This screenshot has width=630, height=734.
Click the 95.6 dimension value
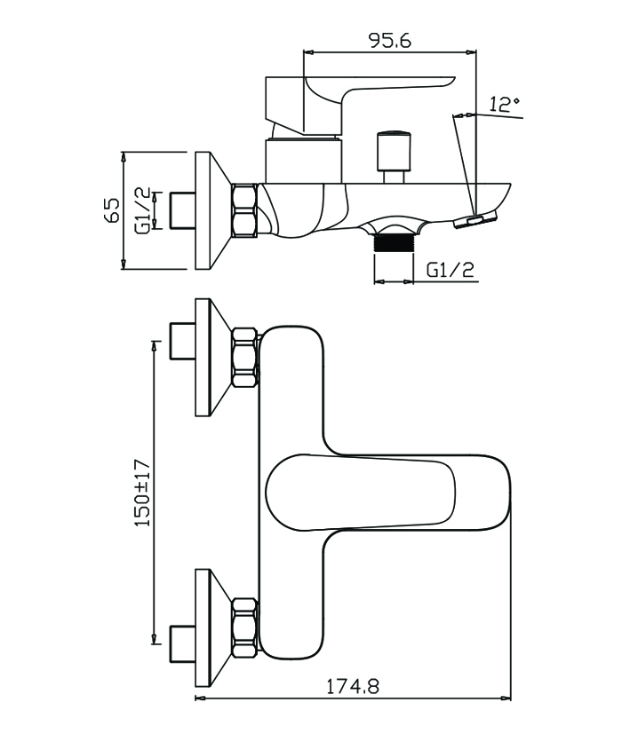click(390, 40)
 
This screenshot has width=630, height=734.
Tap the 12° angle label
click(505, 104)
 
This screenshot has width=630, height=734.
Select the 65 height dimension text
click(113, 209)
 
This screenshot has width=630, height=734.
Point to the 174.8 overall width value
click(353, 687)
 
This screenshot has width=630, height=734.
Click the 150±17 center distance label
click(143, 493)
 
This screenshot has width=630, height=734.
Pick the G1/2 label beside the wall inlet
click(142, 210)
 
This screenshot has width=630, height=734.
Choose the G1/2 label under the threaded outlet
click(451, 270)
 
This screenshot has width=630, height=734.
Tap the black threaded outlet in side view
click(394, 243)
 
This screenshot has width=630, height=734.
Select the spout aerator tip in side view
click(474, 221)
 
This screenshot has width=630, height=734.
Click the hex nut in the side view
click(243, 210)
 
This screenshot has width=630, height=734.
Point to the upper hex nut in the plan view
click(244, 357)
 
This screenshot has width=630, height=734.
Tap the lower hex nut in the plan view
click(244, 627)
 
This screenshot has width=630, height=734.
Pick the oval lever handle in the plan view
click(361, 492)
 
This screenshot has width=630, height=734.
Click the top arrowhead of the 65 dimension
click(124, 157)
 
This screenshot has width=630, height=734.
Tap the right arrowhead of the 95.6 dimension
click(471, 52)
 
